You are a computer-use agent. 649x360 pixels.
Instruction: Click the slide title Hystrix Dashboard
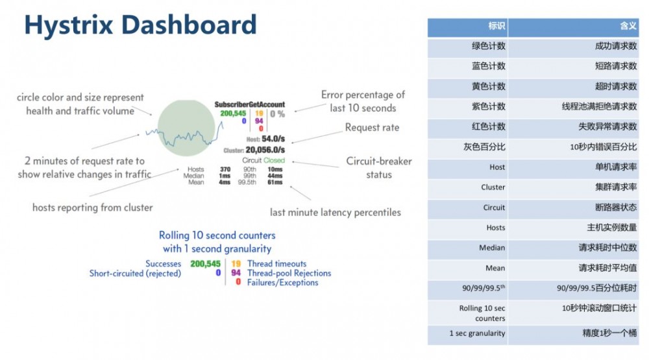point(140,25)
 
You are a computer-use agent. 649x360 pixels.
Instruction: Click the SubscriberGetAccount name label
point(250,104)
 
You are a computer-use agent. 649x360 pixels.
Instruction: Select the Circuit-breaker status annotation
point(378,167)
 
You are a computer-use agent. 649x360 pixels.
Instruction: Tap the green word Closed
point(274,160)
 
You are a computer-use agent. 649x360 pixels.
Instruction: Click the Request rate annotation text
point(372,128)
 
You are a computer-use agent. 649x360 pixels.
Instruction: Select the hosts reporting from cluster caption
point(92,208)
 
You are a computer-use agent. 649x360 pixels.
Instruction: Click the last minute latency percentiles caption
point(335,212)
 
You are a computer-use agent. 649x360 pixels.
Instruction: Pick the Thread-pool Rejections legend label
point(289,273)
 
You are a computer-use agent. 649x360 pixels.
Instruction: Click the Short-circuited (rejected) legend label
point(135,273)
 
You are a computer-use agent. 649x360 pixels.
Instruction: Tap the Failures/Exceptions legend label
point(282,282)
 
